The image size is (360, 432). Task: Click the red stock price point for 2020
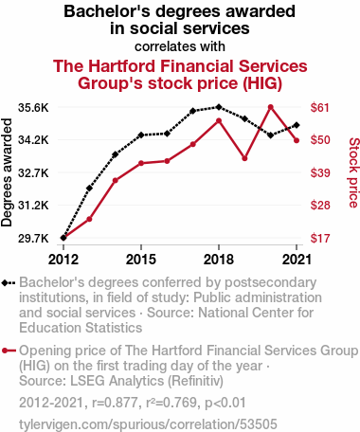pyautogui.click(x=271, y=107)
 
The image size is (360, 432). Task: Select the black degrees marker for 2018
pyautogui.click(x=219, y=107)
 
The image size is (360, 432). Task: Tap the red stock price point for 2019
pyautogui.click(x=244, y=158)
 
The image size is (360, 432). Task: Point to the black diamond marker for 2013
pyautogui.click(x=89, y=189)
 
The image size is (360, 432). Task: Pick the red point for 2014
pyautogui.click(x=116, y=181)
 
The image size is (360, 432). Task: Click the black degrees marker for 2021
pyautogui.click(x=297, y=125)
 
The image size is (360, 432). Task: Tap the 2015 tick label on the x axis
pyautogui.click(x=141, y=260)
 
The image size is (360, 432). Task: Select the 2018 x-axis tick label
pyautogui.click(x=219, y=260)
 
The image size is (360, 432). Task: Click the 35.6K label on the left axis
pyautogui.click(x=33, y=108)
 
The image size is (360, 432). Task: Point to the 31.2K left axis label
pyautogui.click(x=33, y=206)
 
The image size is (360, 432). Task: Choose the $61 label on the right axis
pyautogui.click(x=320, y=108)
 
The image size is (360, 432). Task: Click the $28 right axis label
pyautogui.click(x=320, y=206)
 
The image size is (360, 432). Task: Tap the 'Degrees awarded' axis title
pyautogui.click(x=7, y=172)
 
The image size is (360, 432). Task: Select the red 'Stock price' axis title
pyautogui.click(x=353, y=172)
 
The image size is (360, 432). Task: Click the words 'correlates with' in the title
pyautogui.click(x=180, y=46)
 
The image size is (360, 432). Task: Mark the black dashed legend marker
pyautogui.click(x=9, y=282)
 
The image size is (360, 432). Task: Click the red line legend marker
pyautogui.click(x=9, y=351)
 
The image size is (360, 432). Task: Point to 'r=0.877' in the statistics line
pyautogui.click(x=115, y=403)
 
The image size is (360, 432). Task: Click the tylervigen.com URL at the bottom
pyautogui.click(x=148, y=424)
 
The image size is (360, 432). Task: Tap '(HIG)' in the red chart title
pyautogui.click(x=262, y=83)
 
